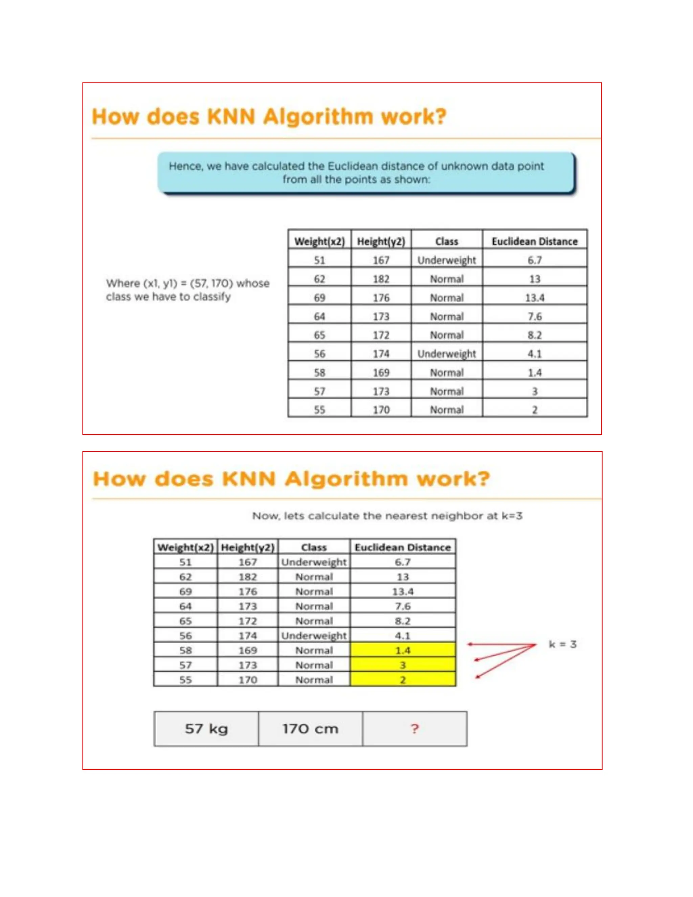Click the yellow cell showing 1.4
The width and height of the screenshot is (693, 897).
click(402, 650)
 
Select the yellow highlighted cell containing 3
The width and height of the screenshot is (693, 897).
click(402, 665)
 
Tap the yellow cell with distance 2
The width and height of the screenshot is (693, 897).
click(402, 680)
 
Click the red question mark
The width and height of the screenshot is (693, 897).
click(415, 729)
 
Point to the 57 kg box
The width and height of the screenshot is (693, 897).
click(206, 729)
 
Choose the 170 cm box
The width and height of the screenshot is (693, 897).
click(310, 729)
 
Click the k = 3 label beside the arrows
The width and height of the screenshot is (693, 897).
click(562, 644)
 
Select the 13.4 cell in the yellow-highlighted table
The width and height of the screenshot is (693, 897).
click(402, 591)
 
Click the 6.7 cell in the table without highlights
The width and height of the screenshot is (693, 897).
click(535, 260)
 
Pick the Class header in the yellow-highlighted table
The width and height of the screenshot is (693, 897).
click(314, 547)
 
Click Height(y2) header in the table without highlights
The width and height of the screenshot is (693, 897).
click(381, 241)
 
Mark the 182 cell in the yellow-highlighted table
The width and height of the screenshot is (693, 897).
click(248, 577)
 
